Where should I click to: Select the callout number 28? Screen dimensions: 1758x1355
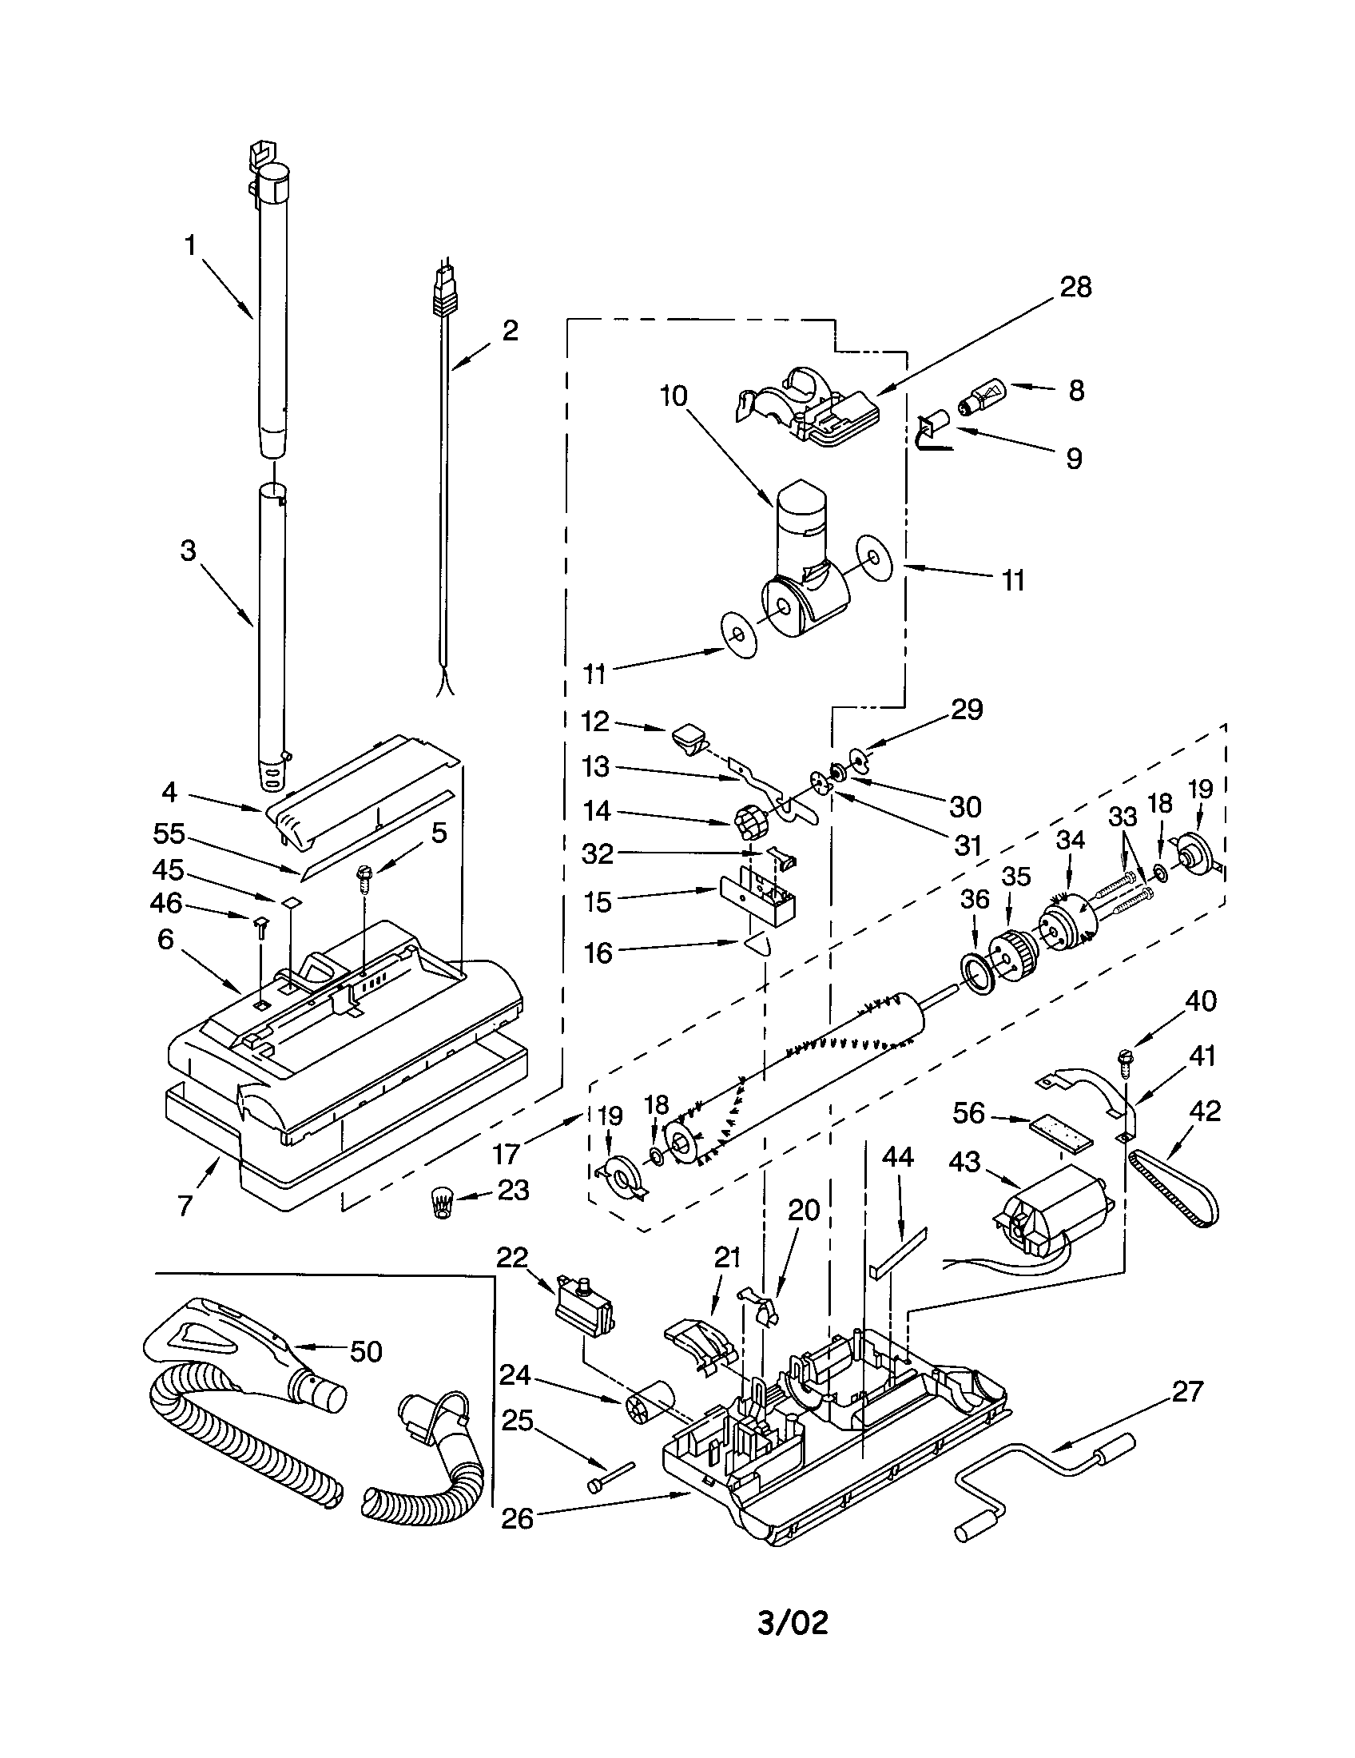[1075, 288]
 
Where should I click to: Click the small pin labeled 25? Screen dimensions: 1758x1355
[612, 1479]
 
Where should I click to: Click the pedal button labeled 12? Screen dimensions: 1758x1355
[686, 736]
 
